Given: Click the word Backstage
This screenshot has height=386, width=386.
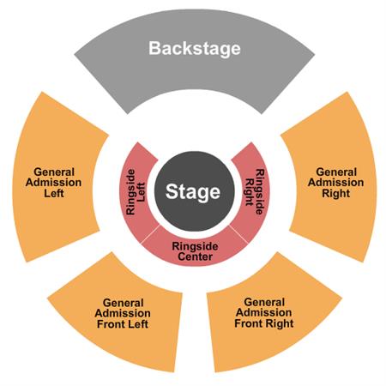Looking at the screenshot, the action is tap(195, 49).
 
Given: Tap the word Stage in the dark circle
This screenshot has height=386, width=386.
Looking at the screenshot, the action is tap(193, 192).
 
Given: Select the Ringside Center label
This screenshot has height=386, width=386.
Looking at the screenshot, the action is tap(195, 251).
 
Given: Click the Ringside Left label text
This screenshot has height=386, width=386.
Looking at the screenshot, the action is tap(136, 191).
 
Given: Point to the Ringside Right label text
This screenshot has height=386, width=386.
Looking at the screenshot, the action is tap(255, 191).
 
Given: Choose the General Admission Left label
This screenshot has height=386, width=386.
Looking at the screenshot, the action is tap(53, 183).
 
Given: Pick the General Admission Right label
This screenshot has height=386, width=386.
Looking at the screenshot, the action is tap(336, 183).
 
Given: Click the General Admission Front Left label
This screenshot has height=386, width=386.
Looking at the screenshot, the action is tap(123, 313).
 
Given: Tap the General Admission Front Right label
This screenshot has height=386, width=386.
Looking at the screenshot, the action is tap(264, 313).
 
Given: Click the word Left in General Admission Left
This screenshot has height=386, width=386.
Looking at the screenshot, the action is tap(54, 193).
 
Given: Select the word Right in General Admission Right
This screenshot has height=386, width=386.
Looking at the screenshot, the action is tap(336, 193).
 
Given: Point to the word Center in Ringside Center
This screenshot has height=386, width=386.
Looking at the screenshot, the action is tap(195, 256).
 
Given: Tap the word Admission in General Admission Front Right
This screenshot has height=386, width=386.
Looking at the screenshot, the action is tap(264, 312).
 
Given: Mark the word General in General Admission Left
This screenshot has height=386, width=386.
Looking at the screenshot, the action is tap(54, 172).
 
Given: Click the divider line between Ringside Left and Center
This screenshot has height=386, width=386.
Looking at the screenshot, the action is tap(150, 234).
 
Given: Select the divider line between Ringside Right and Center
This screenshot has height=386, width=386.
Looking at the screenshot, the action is tap(238, 234).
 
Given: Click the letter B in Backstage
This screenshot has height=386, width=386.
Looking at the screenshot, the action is tap(154, 48).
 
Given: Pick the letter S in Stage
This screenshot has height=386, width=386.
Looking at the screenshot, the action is tap(171, 191).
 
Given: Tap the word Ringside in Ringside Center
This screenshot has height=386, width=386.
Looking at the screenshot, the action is tap(195, 246).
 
